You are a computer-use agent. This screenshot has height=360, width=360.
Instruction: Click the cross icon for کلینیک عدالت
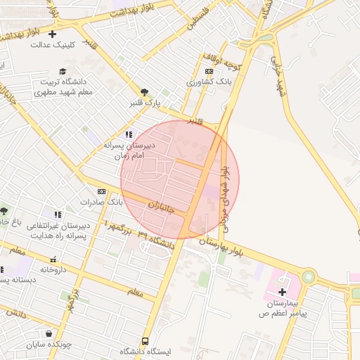53,33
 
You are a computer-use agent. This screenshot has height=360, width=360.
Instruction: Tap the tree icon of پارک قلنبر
144,92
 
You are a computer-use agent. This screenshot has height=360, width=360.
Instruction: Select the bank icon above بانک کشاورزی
209,71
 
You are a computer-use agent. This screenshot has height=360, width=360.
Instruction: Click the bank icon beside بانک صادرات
102,191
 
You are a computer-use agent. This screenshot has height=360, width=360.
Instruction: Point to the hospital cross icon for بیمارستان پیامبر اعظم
283,292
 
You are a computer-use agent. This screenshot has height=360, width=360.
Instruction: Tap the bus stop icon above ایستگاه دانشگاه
146,340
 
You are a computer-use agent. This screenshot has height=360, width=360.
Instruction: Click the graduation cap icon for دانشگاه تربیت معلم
63,71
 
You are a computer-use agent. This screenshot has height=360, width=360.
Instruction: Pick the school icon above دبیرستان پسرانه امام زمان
128,134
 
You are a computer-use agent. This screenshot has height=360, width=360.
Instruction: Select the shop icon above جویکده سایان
48,333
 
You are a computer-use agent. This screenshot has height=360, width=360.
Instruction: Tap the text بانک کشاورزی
209,82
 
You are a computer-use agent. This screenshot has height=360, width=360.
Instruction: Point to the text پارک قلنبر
144,103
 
